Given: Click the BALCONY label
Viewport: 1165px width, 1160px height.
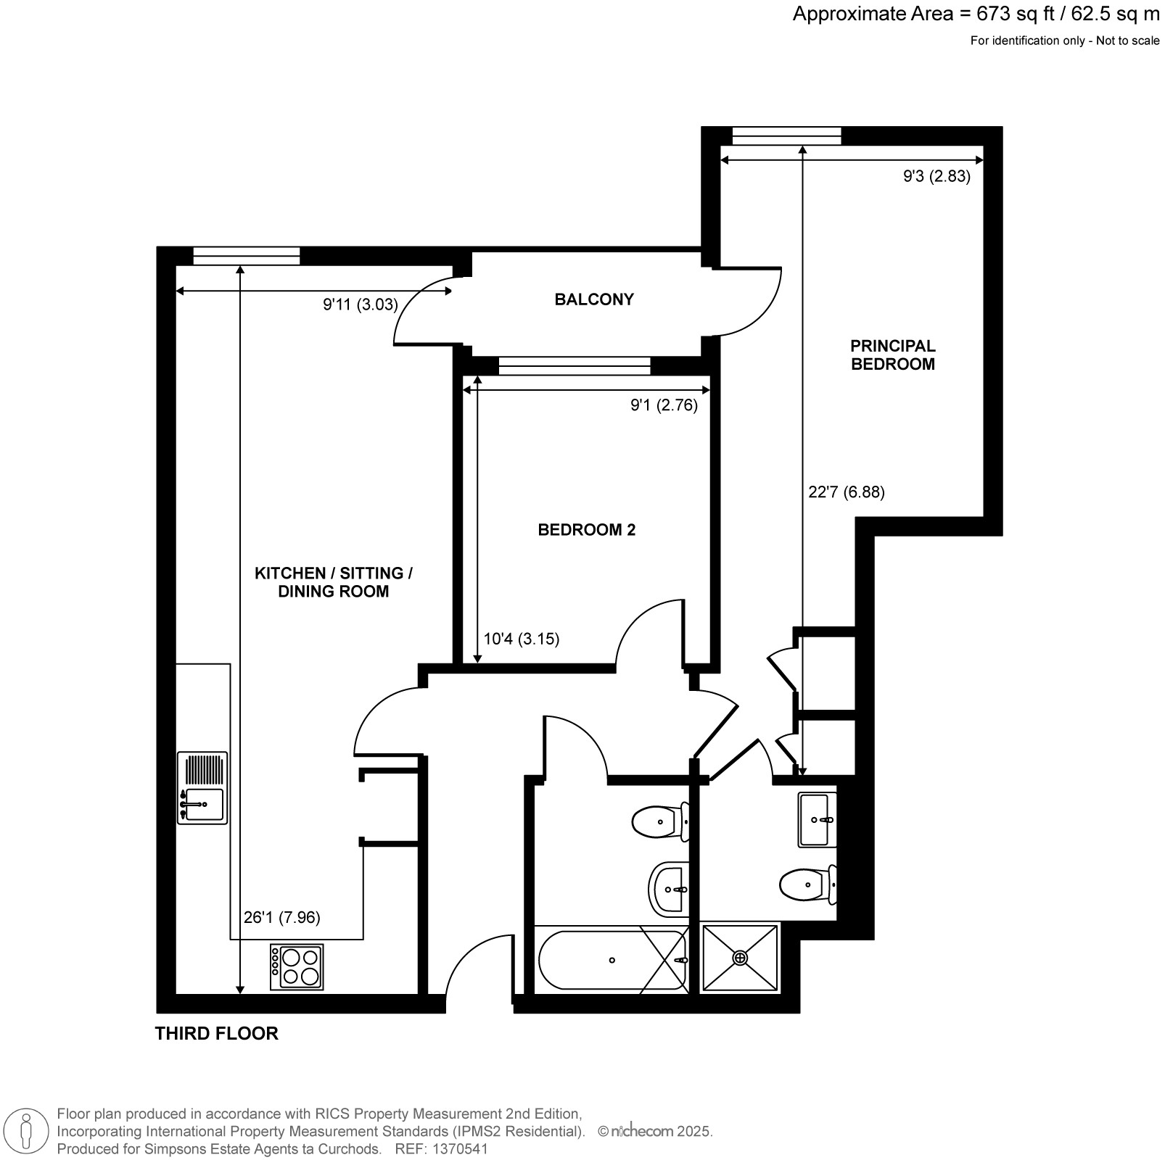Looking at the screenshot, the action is tap(594, 299).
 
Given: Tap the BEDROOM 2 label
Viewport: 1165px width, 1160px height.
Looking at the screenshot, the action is tap(587, 530).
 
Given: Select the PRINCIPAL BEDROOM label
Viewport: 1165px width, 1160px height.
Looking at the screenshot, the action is tap(893, 355).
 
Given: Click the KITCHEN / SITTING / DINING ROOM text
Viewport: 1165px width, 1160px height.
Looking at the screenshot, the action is tap(334, 582).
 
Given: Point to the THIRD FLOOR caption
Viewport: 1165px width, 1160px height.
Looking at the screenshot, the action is tap(217, 1033).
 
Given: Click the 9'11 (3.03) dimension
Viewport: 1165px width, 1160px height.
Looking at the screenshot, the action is tap(361, 304).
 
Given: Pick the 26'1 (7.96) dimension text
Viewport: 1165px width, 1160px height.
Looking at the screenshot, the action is tap(281, 917).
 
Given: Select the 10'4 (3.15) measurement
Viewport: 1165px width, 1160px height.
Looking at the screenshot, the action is tap(522, 639).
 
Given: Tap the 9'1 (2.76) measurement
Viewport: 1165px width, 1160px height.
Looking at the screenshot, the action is tap(664, 405).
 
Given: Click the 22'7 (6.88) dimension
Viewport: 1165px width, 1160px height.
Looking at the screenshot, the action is tap(847, 492).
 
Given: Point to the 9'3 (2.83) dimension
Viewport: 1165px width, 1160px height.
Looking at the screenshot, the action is tap(936, 176).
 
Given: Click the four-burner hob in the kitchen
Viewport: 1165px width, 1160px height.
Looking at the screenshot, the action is tap(297, 967).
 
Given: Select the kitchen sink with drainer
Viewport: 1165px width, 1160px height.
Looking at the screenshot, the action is tap(202, 788).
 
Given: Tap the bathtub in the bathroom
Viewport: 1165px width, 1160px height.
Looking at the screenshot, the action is tap(612, 960).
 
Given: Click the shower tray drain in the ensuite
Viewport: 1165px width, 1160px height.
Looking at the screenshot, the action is tap(740, 958).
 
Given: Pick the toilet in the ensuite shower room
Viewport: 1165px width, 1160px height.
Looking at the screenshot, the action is tap(808, 884).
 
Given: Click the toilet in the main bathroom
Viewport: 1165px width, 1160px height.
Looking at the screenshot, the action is tap(661, 821).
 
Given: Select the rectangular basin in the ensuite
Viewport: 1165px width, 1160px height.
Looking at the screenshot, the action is tap(818, 820).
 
